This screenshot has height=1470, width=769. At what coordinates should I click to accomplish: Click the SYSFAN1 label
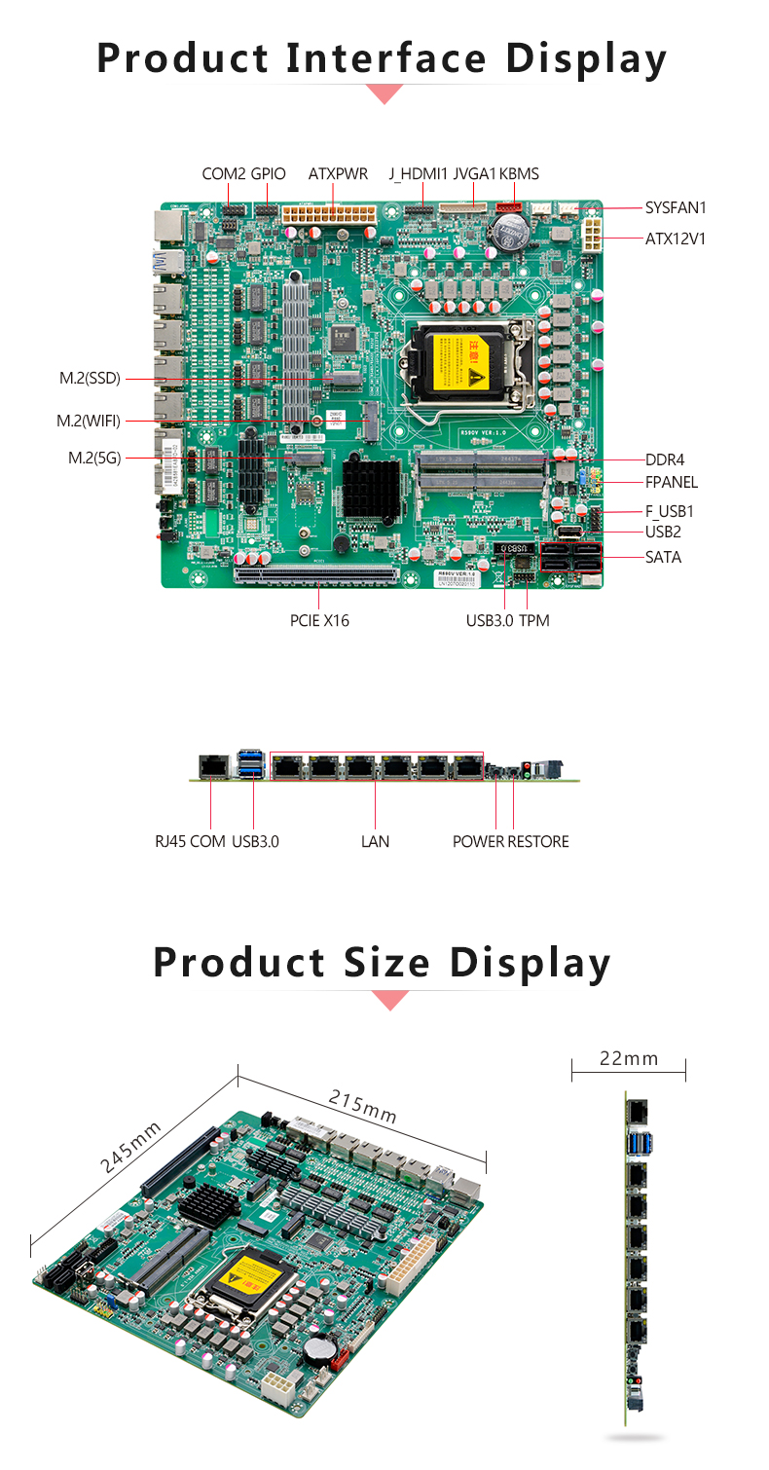676,207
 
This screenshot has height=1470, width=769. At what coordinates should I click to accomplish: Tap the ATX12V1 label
675,238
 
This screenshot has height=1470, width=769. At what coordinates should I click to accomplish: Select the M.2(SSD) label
90,378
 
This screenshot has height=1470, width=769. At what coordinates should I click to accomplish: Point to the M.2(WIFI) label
89,421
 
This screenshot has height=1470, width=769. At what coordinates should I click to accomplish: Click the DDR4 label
666,459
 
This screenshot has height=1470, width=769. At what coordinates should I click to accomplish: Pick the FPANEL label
672,482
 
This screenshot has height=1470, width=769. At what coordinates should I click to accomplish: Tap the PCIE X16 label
319,620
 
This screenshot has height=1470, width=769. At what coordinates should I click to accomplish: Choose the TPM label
534,620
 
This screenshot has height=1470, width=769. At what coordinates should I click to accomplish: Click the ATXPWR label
338,174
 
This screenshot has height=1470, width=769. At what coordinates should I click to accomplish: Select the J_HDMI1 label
419,174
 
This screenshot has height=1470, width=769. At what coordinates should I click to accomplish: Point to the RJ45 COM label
190,841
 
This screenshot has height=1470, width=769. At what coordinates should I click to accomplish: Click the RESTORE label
538,841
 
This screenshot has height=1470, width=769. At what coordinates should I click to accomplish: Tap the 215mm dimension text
362,1107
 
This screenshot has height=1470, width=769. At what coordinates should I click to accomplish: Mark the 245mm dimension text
130,1148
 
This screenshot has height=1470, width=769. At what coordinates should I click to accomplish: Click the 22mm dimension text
629,1058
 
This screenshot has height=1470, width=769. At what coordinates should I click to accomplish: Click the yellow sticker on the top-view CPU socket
456,358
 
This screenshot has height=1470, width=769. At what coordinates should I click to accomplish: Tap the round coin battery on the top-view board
508,232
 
